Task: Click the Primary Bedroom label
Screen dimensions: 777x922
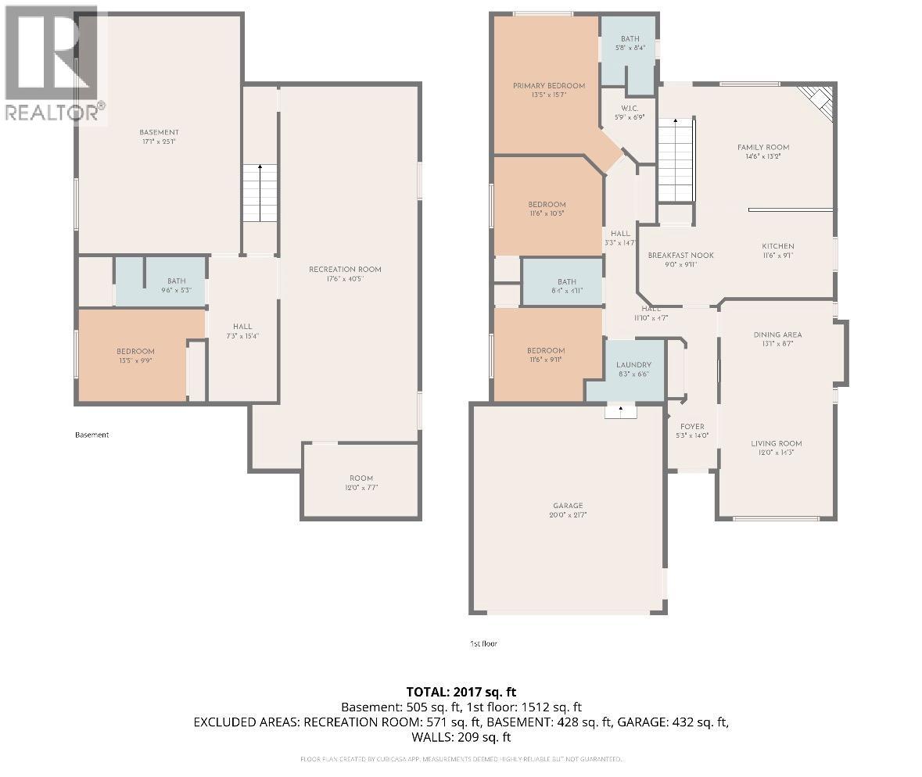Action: click(x=548, y=86)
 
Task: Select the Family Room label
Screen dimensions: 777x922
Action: click(x=762, y=147)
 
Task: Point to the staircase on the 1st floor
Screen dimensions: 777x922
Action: click(x=675, y=160)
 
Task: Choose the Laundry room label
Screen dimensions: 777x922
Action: click(x=633, y=365)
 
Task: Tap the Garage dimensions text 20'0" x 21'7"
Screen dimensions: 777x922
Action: click(x=568, y=516)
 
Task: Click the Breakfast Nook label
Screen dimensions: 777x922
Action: click(x=680, y=255)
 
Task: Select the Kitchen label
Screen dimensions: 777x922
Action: click(x=777, y=246)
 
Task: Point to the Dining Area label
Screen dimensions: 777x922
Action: click(x=777, y=335)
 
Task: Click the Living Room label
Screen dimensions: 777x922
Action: click(x=777, y=443)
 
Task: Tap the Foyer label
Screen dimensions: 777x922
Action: click(x=691, y=427)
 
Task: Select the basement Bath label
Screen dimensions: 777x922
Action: click(x=176, y=281)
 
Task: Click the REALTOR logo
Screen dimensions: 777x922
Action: click(x=54, y=63)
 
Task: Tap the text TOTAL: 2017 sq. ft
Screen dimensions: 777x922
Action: click(x=461, y=692)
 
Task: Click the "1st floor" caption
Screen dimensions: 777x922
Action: click(x=483, y=643)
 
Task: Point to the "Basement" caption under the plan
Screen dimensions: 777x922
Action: click(x=91, y=435)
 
